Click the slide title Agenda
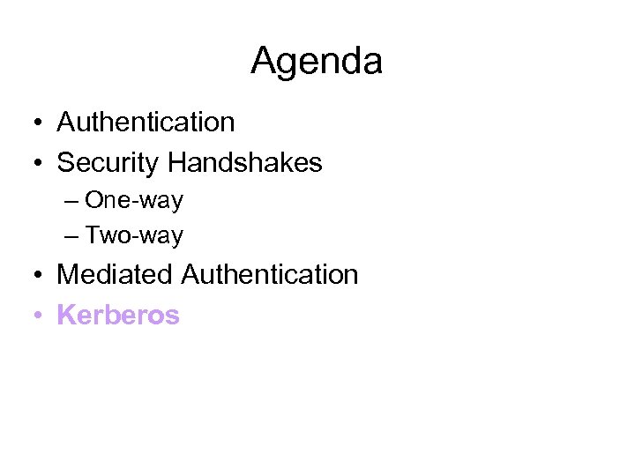317,62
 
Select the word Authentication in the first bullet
146,123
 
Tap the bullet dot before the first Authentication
41,123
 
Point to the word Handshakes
245,163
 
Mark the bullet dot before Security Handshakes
41,164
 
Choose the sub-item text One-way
134,200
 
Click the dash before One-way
71,202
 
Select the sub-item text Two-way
134,235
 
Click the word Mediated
115,275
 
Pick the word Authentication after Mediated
270,275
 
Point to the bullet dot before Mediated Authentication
41,276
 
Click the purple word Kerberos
118,315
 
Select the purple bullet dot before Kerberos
41,316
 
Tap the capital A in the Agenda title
264,62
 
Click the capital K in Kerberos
65,315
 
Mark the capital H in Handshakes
176,163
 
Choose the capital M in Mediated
68,275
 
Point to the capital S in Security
65,163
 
